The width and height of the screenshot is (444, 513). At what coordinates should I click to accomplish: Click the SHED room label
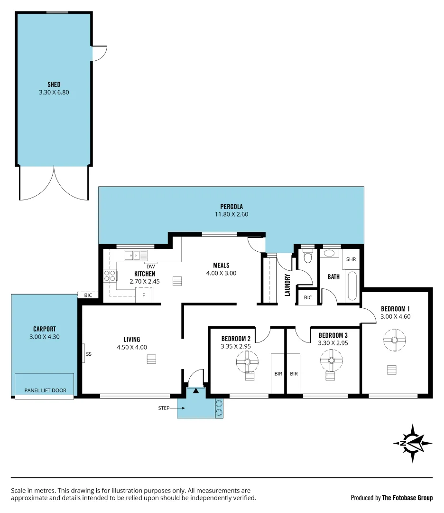(54, 85)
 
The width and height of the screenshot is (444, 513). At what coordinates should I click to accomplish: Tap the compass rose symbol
(412, 443)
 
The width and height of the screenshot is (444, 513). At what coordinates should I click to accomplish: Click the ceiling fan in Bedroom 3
(331, 361)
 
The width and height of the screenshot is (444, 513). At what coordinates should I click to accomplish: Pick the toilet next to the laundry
(307, 257)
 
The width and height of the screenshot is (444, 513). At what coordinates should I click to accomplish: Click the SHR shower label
(351, 259)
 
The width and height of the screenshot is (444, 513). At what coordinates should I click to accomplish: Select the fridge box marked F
(144, 295)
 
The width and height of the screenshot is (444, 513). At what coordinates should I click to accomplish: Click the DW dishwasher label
(151, 266)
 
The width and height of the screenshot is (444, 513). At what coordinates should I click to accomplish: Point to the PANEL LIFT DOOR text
(46, 390)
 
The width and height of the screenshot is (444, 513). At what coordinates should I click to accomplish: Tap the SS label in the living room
(89, 354)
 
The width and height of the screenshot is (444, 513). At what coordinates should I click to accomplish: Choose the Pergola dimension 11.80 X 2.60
(231, 214)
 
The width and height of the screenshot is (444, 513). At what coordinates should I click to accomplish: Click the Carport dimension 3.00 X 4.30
(44, 337)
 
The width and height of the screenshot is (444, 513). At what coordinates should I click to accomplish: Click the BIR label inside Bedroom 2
(278, 374)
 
